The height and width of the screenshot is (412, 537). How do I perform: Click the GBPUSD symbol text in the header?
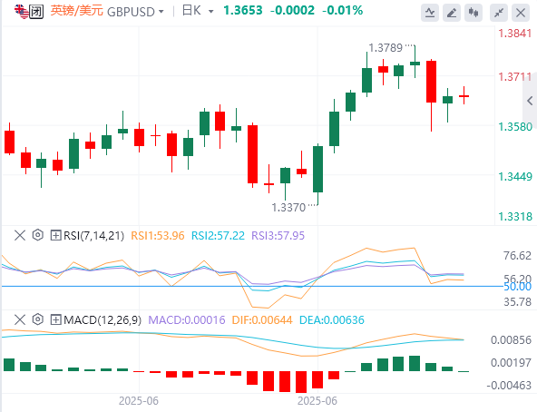[x=131, y=12]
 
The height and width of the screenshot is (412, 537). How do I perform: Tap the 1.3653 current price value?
[x=243, y=10]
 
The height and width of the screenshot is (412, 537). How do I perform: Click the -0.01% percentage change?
[x=342, y=10]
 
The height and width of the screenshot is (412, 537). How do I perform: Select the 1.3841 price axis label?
[x=514, y=34]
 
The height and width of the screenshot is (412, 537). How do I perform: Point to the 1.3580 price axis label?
[x=515, y=127]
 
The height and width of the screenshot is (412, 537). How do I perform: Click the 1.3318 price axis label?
[x=515, y=217]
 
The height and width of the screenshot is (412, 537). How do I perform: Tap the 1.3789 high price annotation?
[x=386, y=48]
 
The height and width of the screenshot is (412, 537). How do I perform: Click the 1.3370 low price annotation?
[x=288, y=208]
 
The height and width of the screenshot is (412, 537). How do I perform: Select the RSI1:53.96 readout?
[x=158, y=236]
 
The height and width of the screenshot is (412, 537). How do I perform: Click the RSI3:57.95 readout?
[x=278, y=236]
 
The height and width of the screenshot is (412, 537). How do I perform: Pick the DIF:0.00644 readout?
[x=262, y=320]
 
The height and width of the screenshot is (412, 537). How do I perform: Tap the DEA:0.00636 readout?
[x=332, y=320]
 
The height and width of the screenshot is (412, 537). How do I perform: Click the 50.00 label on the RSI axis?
[x=517, y=287]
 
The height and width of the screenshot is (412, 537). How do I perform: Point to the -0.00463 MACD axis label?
[x=509, y=386]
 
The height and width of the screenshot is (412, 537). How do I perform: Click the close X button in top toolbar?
[x=521, y=13]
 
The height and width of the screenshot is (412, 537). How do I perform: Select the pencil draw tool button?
[x=452, y=13]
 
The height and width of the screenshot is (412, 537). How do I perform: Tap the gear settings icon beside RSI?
[x=38, y=235]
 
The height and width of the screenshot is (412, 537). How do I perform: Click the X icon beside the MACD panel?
[x=20, y=319]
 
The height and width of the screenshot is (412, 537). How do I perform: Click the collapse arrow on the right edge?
[x=530, y=101]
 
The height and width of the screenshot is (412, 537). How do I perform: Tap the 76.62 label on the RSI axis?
[x=517, y=256]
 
